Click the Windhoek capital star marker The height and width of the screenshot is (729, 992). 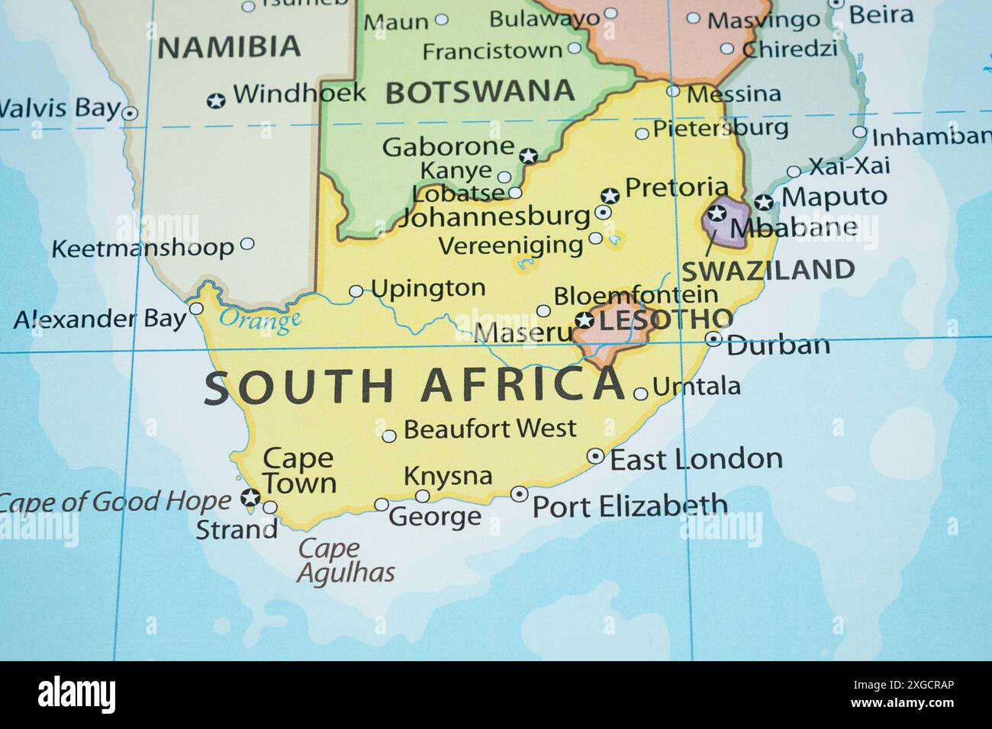[x=217, y=100]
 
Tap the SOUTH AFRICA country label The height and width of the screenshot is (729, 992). [x=413, y=385]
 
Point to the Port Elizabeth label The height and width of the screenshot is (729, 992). [x=630, y=506]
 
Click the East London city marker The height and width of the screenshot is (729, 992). [x=595, y=456]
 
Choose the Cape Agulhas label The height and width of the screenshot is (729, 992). [x=345, y=560]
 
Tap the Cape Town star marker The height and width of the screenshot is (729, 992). [x=250, y=499]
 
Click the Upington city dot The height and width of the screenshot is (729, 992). [x=356, y=291]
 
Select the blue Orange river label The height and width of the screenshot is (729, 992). [x=259, y=320]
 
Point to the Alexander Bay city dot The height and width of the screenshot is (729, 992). [x=196, y=309]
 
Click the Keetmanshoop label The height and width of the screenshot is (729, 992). [x=143, y=248]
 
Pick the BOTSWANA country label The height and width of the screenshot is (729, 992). [x=480, y=92]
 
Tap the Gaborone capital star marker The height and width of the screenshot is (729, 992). [x=528, y=156]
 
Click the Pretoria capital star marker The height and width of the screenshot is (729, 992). [x=609, y=195]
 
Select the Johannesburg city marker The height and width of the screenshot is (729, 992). [x=603, y=213]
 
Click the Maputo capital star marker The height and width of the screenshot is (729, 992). [x=764, y=202]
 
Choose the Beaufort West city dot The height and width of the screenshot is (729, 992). [x=389, y=436]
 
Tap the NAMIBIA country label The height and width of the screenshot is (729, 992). [x=229, y=47]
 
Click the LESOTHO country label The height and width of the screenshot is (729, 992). [x=665, y=319]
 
